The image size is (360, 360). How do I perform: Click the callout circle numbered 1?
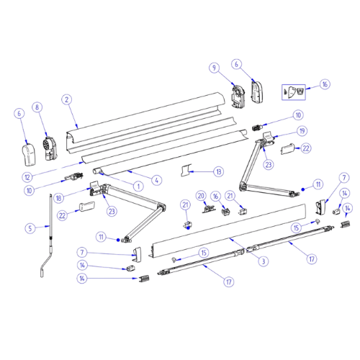(x=138, y=186)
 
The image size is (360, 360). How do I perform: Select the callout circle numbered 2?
(x=67, y=99)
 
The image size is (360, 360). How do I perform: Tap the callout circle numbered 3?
(x=264, y=261)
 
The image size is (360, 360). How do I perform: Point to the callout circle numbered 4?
(x=157, y=180)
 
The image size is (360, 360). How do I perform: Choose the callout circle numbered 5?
(x=30, y=228)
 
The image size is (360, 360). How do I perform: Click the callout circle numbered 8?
(x=37, y=107)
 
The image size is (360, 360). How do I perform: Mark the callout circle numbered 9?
(x=214, y=68)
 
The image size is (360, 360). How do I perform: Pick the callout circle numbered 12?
(x=27, y=177)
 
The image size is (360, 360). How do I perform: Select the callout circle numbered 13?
(x=219, y=172)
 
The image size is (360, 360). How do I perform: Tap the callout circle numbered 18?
(x=58, y=198)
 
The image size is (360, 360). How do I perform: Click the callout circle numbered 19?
(x=302, y=131)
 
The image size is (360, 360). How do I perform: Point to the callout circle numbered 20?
(x=201, y=196)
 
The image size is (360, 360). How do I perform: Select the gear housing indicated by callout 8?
(x=50, y=148)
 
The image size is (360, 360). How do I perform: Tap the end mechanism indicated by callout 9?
(x=238, y=96)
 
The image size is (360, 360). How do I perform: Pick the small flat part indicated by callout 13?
(x=186, y=170)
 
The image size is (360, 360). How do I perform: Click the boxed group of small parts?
(x=293, y=92)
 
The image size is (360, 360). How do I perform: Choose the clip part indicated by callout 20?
(x=209, y=209)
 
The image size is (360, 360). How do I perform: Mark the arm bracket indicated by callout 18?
(x=95, y=189)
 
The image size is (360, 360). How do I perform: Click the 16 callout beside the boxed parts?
(x=325, y=84)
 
